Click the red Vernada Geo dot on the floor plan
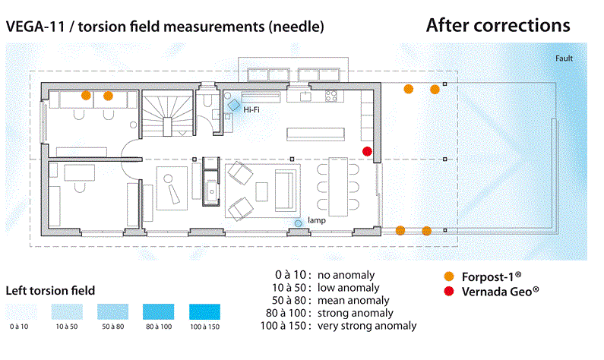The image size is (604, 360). [x=368, y=151]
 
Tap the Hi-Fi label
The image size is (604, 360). [x=253, y=111]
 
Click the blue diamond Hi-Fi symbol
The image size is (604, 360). [x=235, y=105]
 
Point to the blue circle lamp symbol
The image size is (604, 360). [x=299, y=223]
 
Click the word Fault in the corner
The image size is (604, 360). [x=564, y=58]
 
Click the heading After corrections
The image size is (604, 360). [x=498, y=25]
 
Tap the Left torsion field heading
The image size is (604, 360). [x=50, y=290]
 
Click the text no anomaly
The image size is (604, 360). [x=346, y=274]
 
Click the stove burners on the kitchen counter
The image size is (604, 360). [x=332, y=96]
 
